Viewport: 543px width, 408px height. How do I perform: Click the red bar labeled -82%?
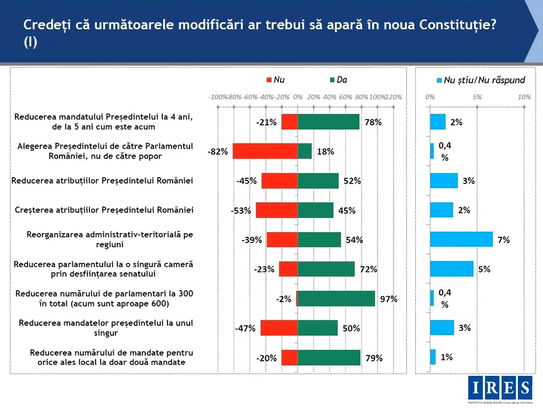(265, 152)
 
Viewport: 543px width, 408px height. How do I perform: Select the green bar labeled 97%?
(337, 298)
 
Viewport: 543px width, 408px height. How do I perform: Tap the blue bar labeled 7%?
(461, 239)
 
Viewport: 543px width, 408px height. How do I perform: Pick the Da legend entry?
(338, 80)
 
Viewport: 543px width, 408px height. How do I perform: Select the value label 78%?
(373, 122)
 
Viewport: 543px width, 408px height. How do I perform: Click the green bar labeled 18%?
(304, 152)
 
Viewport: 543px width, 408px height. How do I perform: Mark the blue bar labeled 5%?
(452, 269)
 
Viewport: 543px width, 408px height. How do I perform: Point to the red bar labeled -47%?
(279, 328)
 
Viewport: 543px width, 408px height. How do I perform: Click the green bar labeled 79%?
(329, 357)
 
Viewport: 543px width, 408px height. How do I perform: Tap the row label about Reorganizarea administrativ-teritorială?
(110, 239)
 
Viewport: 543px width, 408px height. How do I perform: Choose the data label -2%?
(283, 299)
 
